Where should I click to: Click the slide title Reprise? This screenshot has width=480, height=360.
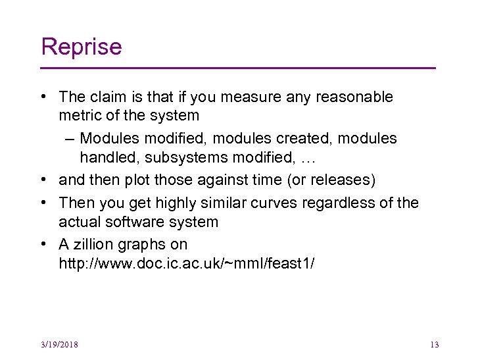[81, 47]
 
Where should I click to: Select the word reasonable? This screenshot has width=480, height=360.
[354, 97]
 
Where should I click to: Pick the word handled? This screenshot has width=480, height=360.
[107, 157]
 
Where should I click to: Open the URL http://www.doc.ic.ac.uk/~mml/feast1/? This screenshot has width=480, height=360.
[187, 263]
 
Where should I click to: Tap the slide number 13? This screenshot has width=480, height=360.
[433, 345]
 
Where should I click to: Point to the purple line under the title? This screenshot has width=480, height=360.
[238, 68]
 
